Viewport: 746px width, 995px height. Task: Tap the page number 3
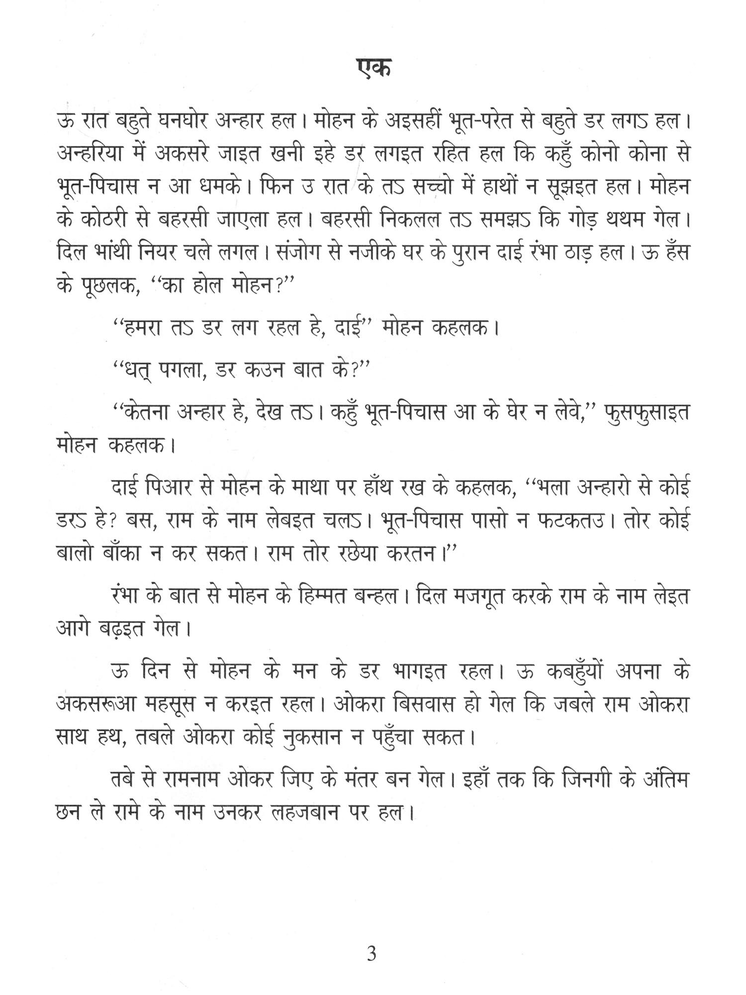pyautogui.click(x=372, y=954)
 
